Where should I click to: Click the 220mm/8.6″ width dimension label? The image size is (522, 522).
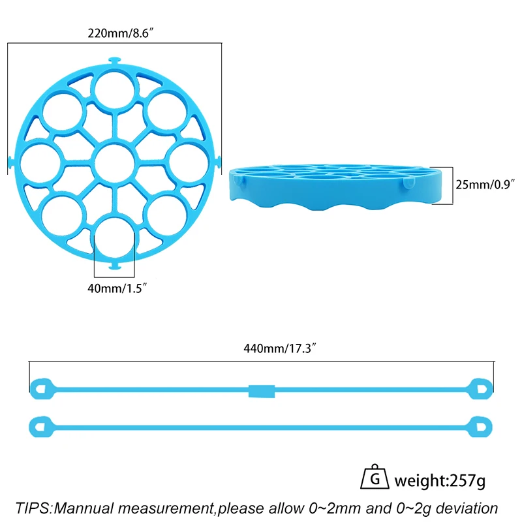(x=121, y=33)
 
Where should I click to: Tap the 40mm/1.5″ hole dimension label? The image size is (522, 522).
(x=117, y=288)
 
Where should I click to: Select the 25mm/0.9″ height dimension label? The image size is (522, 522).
(x=485, y=185)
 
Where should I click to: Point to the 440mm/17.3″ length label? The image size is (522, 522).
(x=280, y=348)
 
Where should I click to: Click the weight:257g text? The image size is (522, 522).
(x=440, y=481)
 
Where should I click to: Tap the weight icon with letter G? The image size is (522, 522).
(x=375, y=477)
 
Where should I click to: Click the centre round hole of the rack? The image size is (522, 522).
(x=115, y=162)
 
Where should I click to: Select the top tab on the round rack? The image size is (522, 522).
(x=115, y=61)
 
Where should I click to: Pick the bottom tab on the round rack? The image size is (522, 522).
(x=115, y=266)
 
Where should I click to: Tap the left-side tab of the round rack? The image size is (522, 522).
(x=11, y=162)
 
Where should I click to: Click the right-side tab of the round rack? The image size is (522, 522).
(x=218, y=162)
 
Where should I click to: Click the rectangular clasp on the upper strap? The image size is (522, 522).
(x=262, y=391)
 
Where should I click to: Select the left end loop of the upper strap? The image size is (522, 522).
(x=42, y=389)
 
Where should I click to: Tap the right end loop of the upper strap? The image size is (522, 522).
(x=480, y=389)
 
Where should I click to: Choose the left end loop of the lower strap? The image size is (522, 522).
(x=41, y=427)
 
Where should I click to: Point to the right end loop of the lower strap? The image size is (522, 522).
(x=480, y=427)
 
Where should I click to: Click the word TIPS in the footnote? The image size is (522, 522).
(x=33, y=508)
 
